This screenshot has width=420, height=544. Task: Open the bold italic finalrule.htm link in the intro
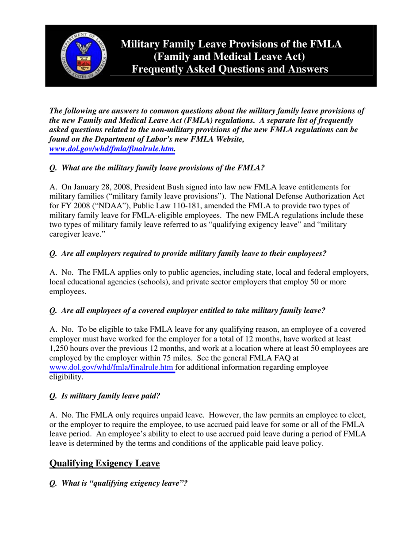point(112,149)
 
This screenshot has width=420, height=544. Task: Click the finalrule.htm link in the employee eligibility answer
point(112,368)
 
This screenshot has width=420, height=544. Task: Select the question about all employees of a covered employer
point(187,310)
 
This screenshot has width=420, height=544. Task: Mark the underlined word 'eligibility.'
point(66,378)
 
